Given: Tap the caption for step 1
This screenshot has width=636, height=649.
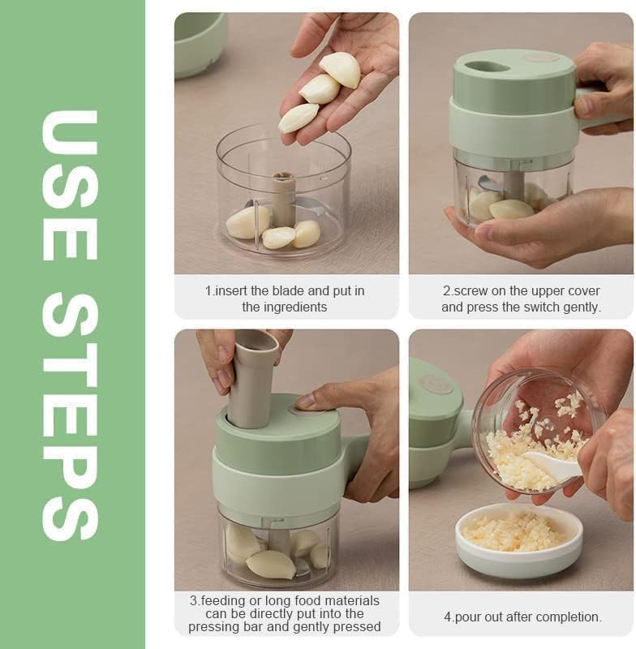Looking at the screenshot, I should pyautogui.click(x=285, y=299).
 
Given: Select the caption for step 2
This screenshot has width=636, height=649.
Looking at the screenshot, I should pyautogui.click(x=521, y=299).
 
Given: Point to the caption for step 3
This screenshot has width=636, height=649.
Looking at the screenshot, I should pyautogui.click(x=285, y=613).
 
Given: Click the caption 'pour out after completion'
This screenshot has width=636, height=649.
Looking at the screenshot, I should pyautogui.click(x=522, y=617).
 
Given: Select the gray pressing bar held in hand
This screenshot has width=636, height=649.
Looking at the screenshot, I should pyautogui.click(x=252, y=377).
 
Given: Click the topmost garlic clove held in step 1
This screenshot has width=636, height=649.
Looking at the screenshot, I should pyautogui.click(x=341, y=68).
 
